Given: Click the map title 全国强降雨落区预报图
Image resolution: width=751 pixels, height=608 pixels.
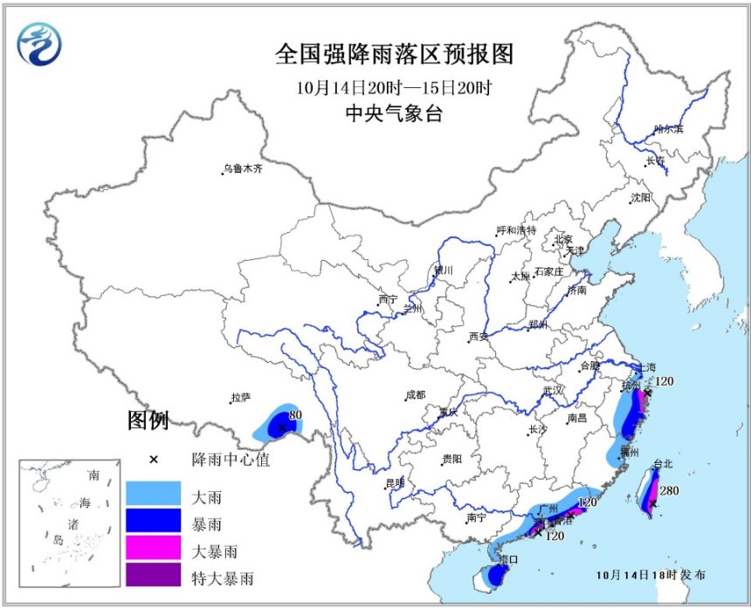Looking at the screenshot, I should (x=394, y=54).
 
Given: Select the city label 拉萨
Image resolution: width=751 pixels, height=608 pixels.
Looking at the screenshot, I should (x=240, y=398).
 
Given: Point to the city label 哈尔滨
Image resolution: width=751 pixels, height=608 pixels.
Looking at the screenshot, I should (x=668, y=129).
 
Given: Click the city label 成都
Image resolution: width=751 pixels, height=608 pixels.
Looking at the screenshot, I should (x=415, y=395).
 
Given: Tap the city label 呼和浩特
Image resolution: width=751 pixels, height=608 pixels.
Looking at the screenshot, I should (x=515, y=230).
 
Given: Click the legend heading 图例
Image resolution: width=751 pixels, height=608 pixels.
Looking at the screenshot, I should (x=148, y=421).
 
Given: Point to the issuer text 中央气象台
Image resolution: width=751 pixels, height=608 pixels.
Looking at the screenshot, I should (x=394, y=113).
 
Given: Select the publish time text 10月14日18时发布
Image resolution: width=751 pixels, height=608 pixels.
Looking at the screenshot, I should (x=651, y=576).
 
